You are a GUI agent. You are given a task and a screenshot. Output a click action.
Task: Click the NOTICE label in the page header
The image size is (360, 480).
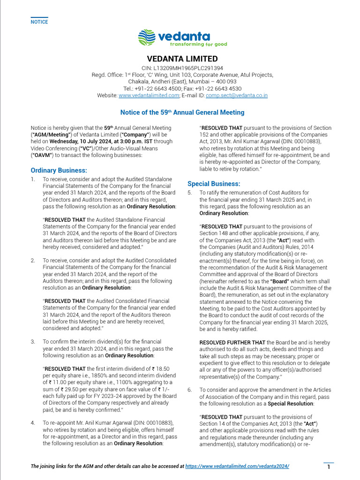tap(39, 22)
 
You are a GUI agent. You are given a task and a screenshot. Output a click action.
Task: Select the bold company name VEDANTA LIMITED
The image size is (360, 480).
tap(182, 59)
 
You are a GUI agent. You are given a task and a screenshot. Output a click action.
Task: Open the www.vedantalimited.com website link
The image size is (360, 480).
tap(149, 95)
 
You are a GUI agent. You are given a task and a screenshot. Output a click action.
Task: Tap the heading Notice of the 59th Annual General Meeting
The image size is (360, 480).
tap(182, 112)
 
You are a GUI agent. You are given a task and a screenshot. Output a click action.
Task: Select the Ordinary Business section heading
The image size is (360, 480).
tap(59, 170)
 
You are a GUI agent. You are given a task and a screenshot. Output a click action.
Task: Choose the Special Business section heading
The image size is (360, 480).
tap(214, 184)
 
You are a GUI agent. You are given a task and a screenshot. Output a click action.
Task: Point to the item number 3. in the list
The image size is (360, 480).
tap(33, 342)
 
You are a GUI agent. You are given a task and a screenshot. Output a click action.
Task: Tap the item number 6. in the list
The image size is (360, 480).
tap(190, 390)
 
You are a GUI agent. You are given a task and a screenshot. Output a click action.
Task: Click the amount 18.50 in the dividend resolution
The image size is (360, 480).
tap(164, 369)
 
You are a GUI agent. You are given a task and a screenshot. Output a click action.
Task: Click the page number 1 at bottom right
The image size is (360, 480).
tap(329, 467)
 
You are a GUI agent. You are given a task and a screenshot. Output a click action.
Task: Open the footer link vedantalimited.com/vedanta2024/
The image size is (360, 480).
tap(237, 466)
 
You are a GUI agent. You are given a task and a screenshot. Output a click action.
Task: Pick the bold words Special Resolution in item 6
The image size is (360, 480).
tap(291, 404)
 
